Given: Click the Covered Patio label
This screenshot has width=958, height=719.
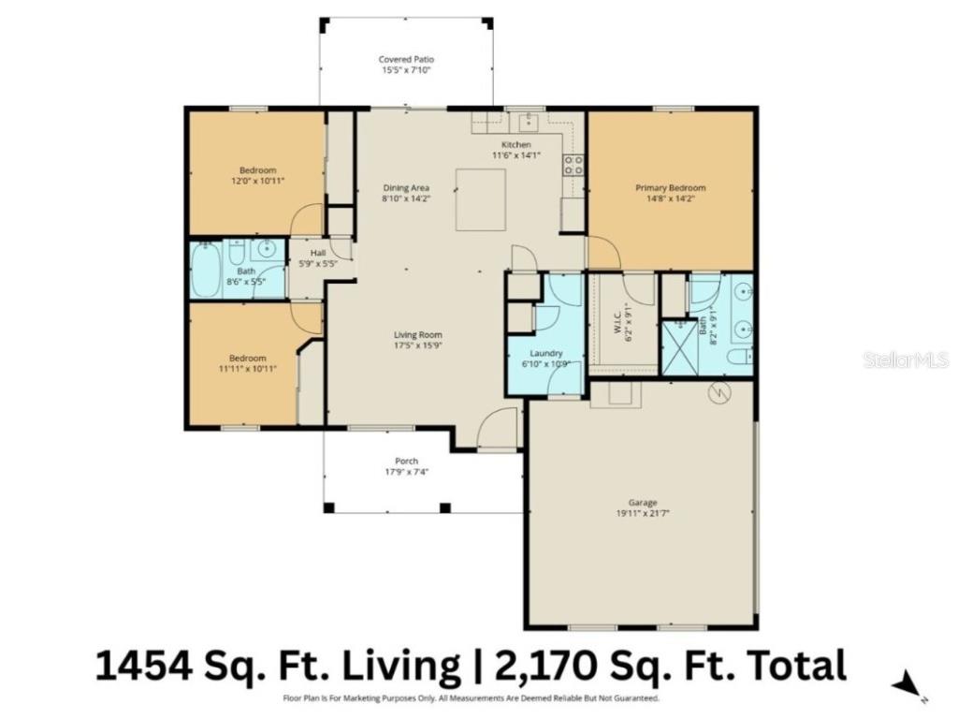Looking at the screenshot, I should (x=406, y=59).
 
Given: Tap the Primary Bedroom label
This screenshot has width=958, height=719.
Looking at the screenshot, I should (x=670, y=188).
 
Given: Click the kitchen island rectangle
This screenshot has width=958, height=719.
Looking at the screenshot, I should (x=481, y=199).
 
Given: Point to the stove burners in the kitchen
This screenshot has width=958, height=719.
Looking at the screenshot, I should (x=573, y=166).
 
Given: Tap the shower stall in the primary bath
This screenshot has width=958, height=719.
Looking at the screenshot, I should (x=678, y=347).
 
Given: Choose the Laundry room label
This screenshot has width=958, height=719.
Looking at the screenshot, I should (x=545, y=353).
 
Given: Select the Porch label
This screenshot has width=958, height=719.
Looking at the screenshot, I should (x=406, y=461).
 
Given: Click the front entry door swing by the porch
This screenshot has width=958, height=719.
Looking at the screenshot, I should (x=497, y=430).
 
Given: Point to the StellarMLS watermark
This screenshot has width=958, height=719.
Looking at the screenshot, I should (x=905, y=359).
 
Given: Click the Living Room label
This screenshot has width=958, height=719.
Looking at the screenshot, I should (x=417, y=334).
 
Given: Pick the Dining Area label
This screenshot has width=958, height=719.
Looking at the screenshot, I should (x=406, y=188).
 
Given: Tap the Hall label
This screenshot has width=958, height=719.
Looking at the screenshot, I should (x=318, y=253).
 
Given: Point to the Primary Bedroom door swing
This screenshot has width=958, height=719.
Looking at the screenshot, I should (x=602, y=252).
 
